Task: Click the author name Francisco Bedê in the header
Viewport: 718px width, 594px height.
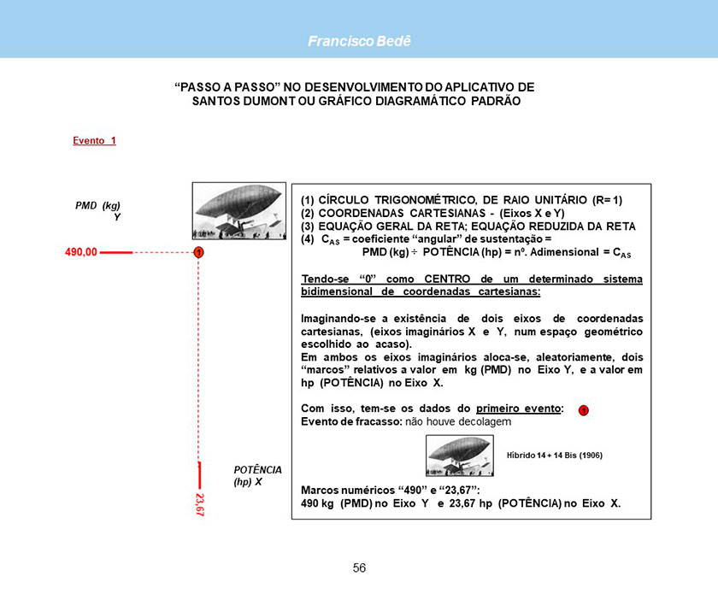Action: click(359, 41)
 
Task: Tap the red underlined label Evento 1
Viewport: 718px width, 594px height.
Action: click(94, 141)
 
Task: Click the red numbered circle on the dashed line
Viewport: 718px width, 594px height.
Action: click(197, 253)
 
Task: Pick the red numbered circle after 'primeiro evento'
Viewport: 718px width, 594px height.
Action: click(582, 411)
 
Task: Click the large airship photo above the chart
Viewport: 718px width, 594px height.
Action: click(238, 211)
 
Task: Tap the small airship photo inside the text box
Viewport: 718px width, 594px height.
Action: click(459, 456)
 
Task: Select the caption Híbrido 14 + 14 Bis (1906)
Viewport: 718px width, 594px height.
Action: click(555, 456)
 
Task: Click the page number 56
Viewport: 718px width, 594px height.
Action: click(359, 568)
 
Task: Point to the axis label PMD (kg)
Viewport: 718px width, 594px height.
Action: click(97, 205)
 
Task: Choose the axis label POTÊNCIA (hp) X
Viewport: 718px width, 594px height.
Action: click(257, 476)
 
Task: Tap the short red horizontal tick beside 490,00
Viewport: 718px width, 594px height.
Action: click(115, 253)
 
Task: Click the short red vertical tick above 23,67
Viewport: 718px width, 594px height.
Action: click(198, 473)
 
